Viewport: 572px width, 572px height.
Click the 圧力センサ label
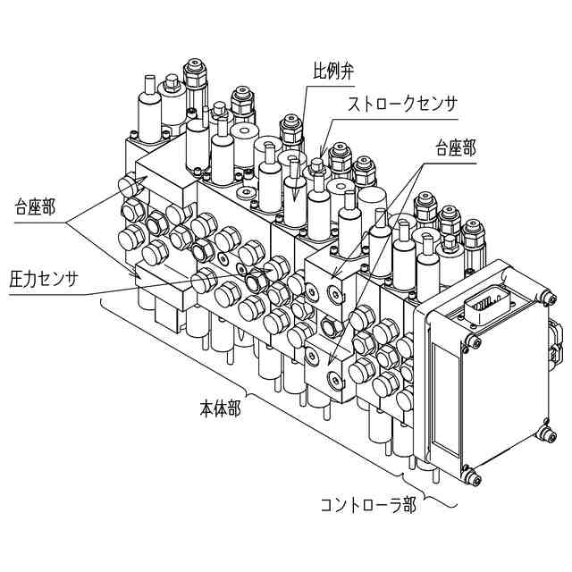pos(44,279)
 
